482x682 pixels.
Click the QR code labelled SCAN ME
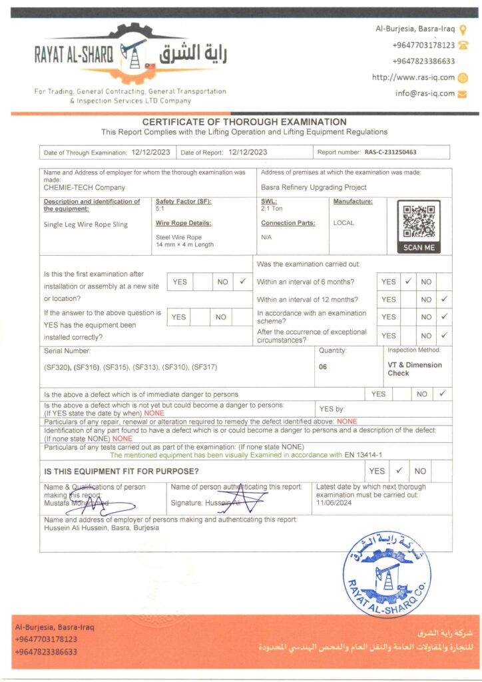point(419,222)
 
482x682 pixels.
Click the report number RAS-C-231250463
point(390,153)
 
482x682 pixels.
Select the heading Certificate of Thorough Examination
point(244,122)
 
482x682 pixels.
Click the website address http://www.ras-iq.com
point(413,77)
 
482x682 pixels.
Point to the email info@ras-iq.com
point(425,93)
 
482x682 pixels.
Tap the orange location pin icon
point(463,30)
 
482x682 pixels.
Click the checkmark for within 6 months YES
point(408,282)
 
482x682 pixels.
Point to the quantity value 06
point(323,366)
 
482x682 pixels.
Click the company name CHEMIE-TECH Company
point(85,188)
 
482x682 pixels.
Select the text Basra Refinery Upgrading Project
point(314,188)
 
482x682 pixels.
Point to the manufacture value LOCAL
point(344,223)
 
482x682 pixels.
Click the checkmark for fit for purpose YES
point(399,471)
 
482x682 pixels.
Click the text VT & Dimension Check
point(414,369)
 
